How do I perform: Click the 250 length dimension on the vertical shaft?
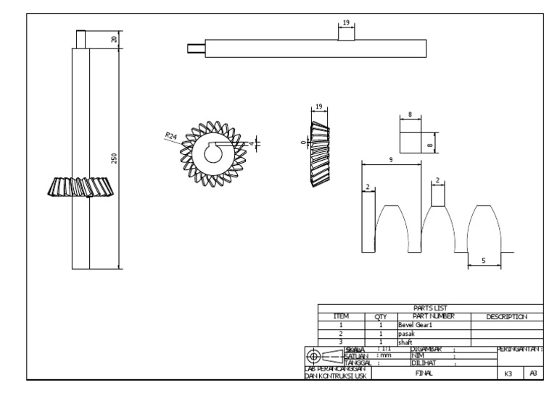click(114, 159)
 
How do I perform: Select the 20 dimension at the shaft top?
click(114, 39)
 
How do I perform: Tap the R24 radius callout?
click(171, 135)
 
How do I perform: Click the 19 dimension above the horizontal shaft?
click(345, 22)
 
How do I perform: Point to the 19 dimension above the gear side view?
click(319, 107)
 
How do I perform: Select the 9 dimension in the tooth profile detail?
click(391, 160)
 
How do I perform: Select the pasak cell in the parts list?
click(405, 334)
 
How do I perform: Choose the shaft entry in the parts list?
click(405, 342)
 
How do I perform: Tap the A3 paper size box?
click(533, 373)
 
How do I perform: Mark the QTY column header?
click(380, 316)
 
